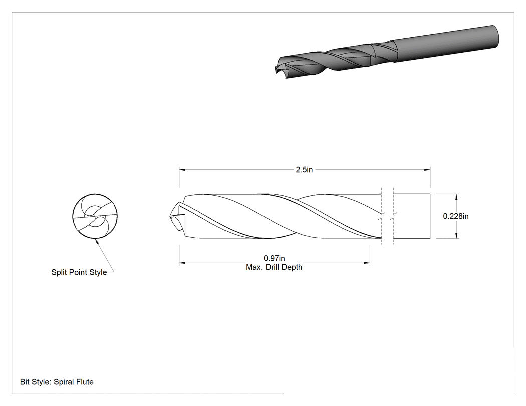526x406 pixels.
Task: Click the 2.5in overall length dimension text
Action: point(304,170)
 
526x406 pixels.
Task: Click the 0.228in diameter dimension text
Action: point(456,216)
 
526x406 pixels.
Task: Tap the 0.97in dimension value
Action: point(274,258)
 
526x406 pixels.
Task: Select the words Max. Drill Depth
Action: point(274,267)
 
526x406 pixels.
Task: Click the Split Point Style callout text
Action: point(79,272)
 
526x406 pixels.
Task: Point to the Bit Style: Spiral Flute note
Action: point(57,382)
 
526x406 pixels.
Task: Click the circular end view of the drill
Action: point(95,216)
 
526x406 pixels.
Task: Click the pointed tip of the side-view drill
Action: point(170,216)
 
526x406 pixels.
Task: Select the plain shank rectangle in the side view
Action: point(412,216)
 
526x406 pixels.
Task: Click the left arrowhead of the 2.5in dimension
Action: point(182,170)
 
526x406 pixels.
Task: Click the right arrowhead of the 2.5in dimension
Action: point(427,170)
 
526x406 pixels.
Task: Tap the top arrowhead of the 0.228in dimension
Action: point(456,197)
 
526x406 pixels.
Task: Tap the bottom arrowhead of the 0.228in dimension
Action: point(456,236)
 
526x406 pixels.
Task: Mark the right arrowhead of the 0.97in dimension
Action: point(367,263)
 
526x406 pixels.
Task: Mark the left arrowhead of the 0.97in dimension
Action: point(182,263)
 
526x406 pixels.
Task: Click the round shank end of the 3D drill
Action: point(495,36)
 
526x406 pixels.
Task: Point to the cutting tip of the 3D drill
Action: point(276,70)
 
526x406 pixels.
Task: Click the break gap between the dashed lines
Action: point(387,216)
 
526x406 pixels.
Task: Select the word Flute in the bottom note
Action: point(84,382)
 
